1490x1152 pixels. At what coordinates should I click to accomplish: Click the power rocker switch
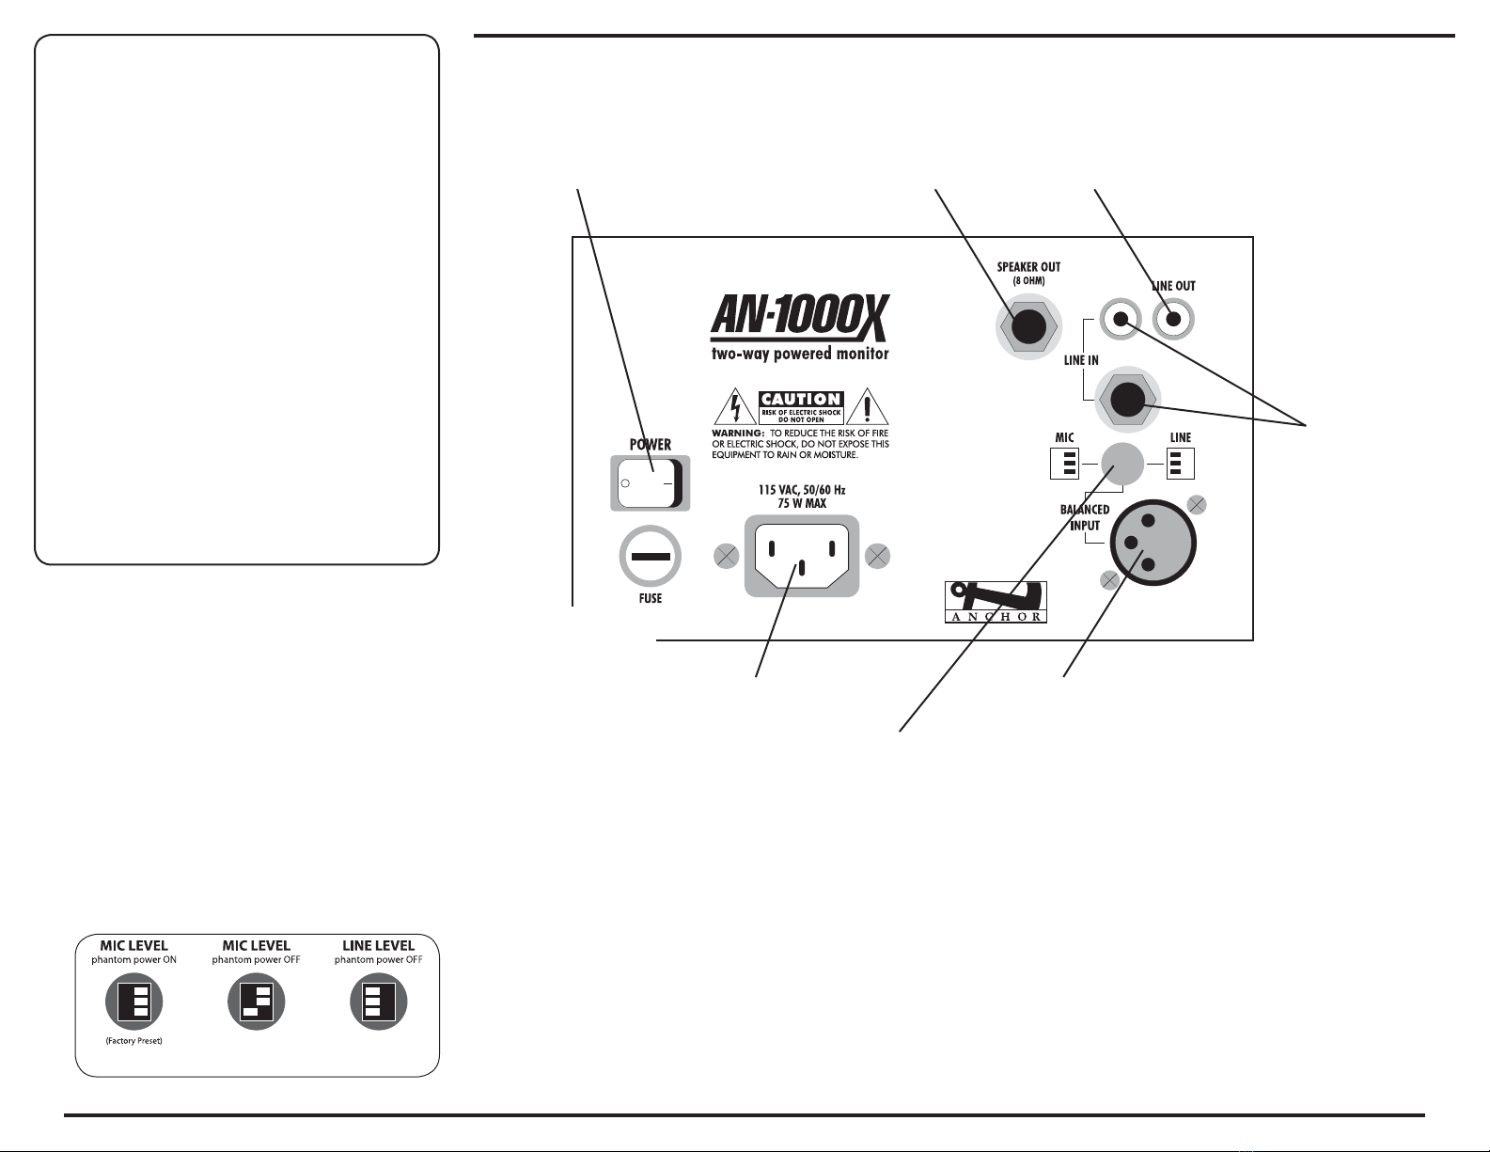point(650,483)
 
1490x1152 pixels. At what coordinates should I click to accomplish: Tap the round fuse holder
point(650,556)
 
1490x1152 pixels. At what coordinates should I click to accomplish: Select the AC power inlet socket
point(802,556)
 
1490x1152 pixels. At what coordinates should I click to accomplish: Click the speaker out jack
point(1027,325)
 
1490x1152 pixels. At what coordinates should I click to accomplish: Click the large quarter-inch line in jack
point(1125,400)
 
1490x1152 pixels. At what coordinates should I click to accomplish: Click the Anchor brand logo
point(996,603)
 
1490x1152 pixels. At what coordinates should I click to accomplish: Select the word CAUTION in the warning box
point(800,400)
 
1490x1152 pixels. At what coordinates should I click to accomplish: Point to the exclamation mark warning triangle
point(867,409)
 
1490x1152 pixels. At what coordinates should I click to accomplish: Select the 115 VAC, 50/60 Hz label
point(802,490)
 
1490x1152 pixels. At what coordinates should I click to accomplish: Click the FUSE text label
point(650,598)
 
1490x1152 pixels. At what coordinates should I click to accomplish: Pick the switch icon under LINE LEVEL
point(378,1002)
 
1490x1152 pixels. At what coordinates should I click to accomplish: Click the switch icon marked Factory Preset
point(133,1002)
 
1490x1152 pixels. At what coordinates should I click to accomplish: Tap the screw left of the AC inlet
point(726,557)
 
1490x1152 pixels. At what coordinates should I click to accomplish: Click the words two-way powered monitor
point(799,354)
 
